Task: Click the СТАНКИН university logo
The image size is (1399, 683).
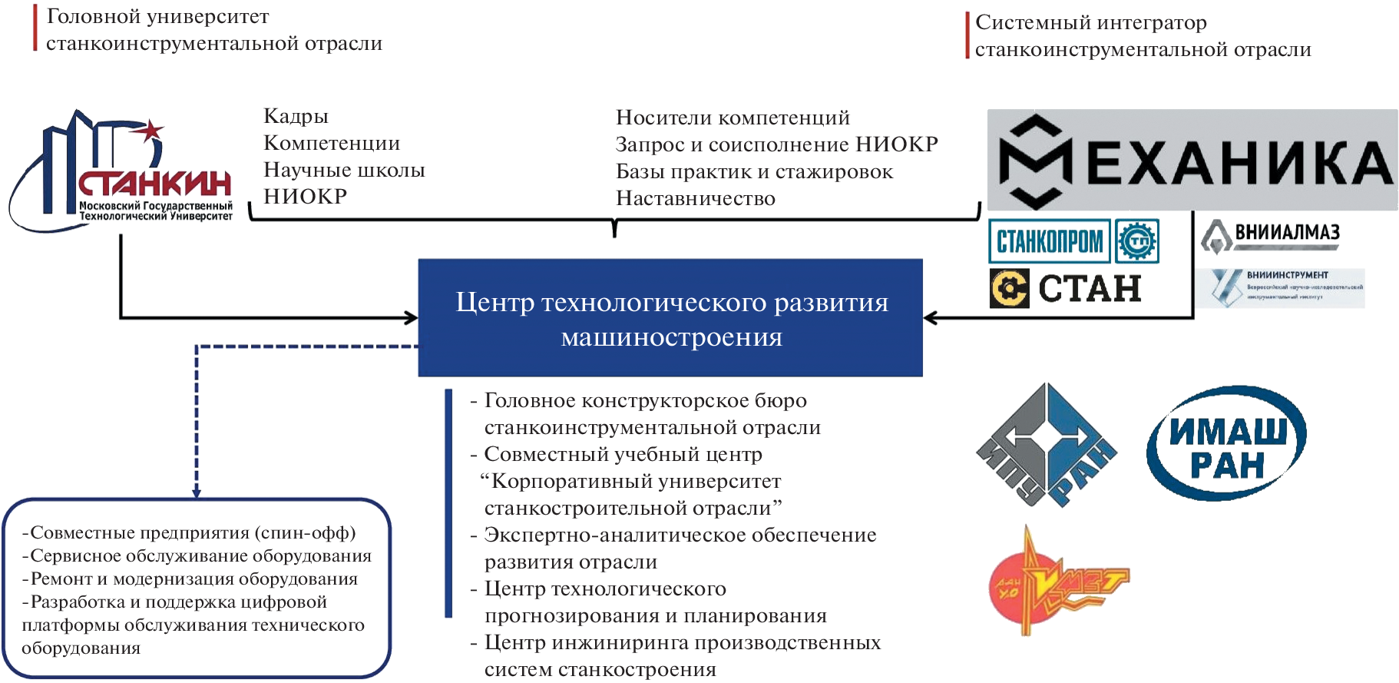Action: (x=123, y=173)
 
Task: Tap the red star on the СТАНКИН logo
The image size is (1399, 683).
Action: (x=151, y=131)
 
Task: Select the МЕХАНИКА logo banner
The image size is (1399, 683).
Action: (x=1192, y=160)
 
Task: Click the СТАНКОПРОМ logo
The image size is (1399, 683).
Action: (x=1049, y=241)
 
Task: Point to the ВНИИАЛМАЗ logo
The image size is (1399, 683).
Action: (x=1272, y=235)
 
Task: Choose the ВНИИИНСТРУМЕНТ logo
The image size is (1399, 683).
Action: (x=1281, y=287)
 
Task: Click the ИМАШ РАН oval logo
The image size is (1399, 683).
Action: (x=1226, y=444)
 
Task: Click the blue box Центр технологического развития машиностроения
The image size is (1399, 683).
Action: (x=670, y=318)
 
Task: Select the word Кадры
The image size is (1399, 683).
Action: (x=296, y=116)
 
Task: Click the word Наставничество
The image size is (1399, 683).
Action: (x=696, y=198)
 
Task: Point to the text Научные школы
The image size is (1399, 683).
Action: (x=344, y=170)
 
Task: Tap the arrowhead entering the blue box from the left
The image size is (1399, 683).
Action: (x=412, y=317)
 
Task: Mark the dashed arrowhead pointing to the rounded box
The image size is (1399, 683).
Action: (x=197, y=492)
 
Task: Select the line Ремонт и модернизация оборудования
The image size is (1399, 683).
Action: (x=190, y=579)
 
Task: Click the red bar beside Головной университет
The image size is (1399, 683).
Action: (x=35, y=28)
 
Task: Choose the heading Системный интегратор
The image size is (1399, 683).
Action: (x=1091, y=23)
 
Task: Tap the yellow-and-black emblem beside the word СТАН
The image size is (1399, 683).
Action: (x=1009, y=289)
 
